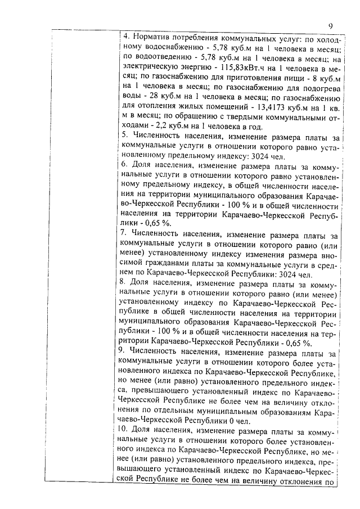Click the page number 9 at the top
point(331,25)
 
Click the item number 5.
point(125,137)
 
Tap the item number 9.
point(125,353)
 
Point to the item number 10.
point(127,431)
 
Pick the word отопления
point(157,107)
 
